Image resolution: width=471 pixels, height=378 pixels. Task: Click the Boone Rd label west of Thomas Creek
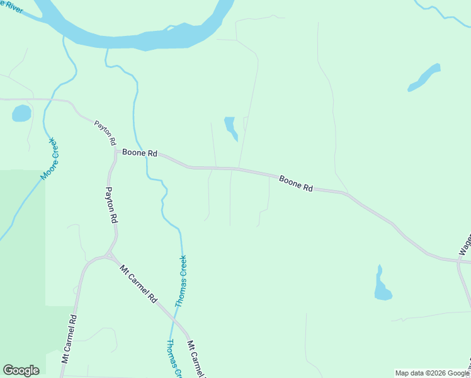140,152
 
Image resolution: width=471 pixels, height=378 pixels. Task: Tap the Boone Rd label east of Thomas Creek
296,183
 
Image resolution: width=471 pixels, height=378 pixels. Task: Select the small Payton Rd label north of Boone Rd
105,133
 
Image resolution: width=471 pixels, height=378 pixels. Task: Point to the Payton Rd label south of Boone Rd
111,205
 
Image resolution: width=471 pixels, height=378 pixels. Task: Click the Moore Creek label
49,158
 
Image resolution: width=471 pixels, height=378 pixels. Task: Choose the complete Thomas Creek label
181,280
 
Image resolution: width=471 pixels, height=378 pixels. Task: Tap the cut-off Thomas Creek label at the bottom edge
174,358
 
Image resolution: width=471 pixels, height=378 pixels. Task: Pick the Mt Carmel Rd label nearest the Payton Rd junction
138,284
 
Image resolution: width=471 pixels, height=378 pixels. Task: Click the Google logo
21,370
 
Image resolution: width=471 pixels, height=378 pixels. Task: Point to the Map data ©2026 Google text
433,373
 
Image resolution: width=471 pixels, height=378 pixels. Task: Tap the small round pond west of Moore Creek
21,113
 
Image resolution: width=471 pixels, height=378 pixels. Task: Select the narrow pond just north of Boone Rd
230,127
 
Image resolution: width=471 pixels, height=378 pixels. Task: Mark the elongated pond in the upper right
424,77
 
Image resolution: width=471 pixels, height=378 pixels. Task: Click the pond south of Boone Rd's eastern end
382,287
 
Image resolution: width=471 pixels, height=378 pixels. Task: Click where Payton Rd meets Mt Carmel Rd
109,255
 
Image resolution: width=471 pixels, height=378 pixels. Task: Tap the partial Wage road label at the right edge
465,243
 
